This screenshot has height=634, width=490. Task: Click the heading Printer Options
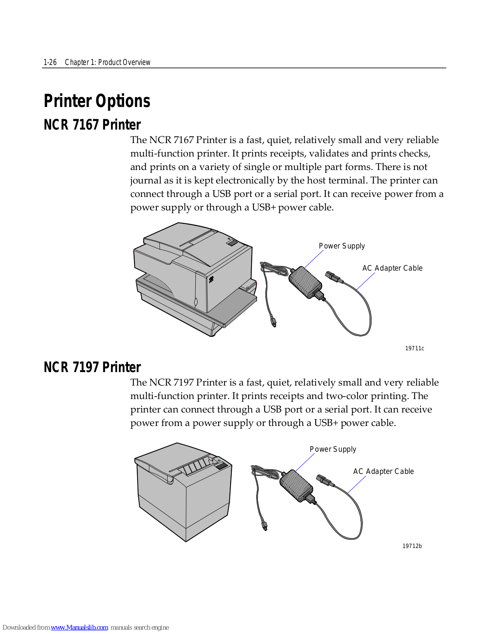click(97, 101)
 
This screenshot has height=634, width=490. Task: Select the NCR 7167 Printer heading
click(92, 125)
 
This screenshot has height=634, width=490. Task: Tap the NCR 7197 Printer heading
click(92, 367)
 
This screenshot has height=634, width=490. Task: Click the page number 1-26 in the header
click(50, 62)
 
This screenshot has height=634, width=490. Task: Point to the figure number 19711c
click(414, 348)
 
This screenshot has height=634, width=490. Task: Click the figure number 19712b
click(412, 546)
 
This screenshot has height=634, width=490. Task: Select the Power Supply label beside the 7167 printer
click(341, 246)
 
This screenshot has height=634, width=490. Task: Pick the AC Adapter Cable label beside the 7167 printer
click(392, 268)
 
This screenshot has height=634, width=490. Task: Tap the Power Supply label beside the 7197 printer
click(333, 449)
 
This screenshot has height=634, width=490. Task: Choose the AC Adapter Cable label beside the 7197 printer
click(383, 472)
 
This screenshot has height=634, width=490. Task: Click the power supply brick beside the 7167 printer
click(305, 282)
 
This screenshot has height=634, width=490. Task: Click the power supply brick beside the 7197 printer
click(296, 485)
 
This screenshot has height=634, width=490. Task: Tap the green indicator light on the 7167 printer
click(229, 239)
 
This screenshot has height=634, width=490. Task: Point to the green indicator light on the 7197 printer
click(219, 460)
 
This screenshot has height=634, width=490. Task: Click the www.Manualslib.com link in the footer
click(79, 627)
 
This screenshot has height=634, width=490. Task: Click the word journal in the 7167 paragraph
click(146, 181)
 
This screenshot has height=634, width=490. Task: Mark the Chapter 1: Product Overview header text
click(107, 62)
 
